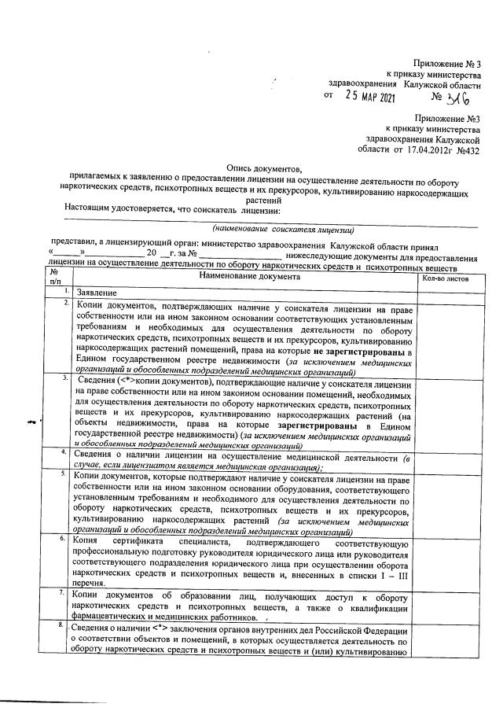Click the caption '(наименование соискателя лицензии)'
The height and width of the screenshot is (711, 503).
coord(288,230)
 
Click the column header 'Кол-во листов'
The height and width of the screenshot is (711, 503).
coord(446,278)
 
